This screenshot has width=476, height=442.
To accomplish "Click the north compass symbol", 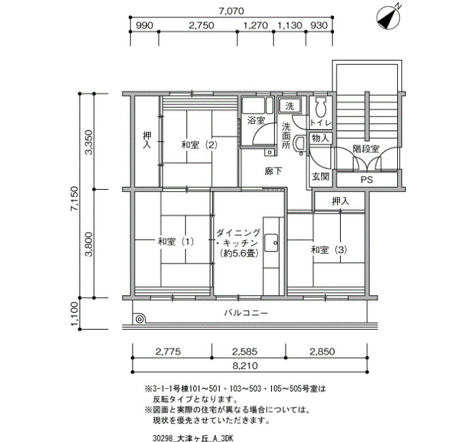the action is pos(388,18).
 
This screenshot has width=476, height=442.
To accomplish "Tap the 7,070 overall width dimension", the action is pos(231,11).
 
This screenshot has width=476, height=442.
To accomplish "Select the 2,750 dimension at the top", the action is pos(201,25).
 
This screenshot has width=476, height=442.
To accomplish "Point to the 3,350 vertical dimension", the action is pos(88,142).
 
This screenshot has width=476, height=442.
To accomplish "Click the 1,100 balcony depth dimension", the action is pos(74,314).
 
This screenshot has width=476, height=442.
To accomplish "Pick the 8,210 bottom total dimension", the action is pos(245,366).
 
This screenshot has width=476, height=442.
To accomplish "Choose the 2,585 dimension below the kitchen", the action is pos(245,352).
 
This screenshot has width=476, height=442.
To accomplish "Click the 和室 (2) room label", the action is pos(199,145).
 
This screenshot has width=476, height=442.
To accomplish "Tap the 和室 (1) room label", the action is pos(175,241).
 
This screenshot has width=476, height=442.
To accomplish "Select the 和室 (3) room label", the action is pos(329,250).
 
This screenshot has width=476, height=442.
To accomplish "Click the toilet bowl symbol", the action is pos(320,107).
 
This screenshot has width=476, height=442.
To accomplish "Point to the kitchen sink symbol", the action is pos(271,243).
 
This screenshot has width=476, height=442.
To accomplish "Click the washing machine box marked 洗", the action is pos(290,106).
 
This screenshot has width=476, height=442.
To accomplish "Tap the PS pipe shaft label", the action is pos(367,180).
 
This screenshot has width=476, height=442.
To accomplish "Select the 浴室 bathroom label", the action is pos(256,120).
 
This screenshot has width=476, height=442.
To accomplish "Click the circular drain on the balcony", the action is pos(139,319).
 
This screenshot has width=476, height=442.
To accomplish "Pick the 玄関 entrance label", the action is pos(320,176).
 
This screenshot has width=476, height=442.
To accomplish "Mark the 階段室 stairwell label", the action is pos(366,149).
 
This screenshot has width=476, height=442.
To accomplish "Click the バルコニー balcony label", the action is pos(246,313).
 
